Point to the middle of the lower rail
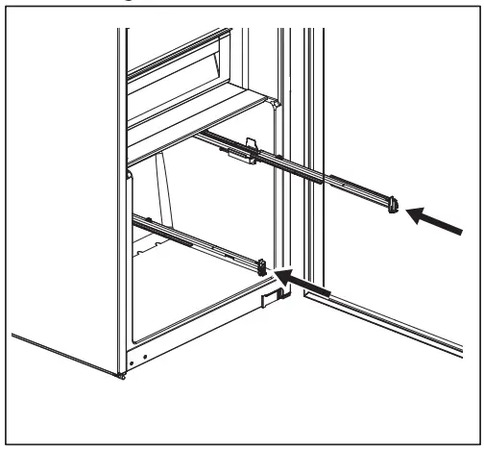pyautogui.click(x=197, y=239)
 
